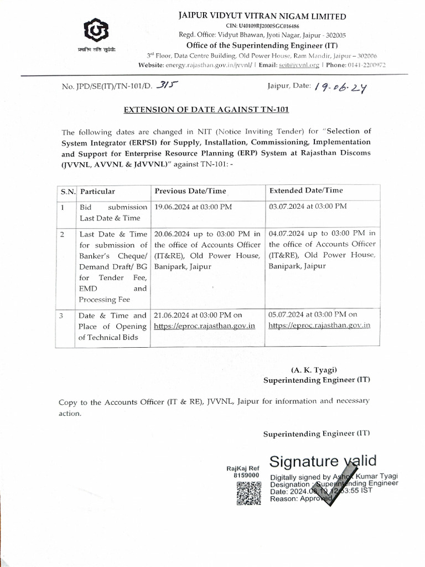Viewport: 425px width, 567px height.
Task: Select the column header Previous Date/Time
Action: click(x=190, y=191)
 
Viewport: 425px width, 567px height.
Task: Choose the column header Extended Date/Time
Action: click(x=306, y=190)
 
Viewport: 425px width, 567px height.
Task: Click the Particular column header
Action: click(x=98, y=192)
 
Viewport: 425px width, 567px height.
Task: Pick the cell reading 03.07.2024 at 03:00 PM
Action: click(x=308, y=206)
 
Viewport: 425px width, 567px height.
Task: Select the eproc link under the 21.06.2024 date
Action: click(x=205, y=326)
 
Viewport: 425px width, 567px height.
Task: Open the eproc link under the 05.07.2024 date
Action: click(x=319, y=326)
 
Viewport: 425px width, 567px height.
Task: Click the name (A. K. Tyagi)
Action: click(x=314, y=370)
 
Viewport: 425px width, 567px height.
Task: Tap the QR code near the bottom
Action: click(x=249, y=493)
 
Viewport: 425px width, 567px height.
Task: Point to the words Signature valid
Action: click(x=323, y=461)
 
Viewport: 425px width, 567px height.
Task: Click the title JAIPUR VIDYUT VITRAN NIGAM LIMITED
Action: click(x=262, y=17)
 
